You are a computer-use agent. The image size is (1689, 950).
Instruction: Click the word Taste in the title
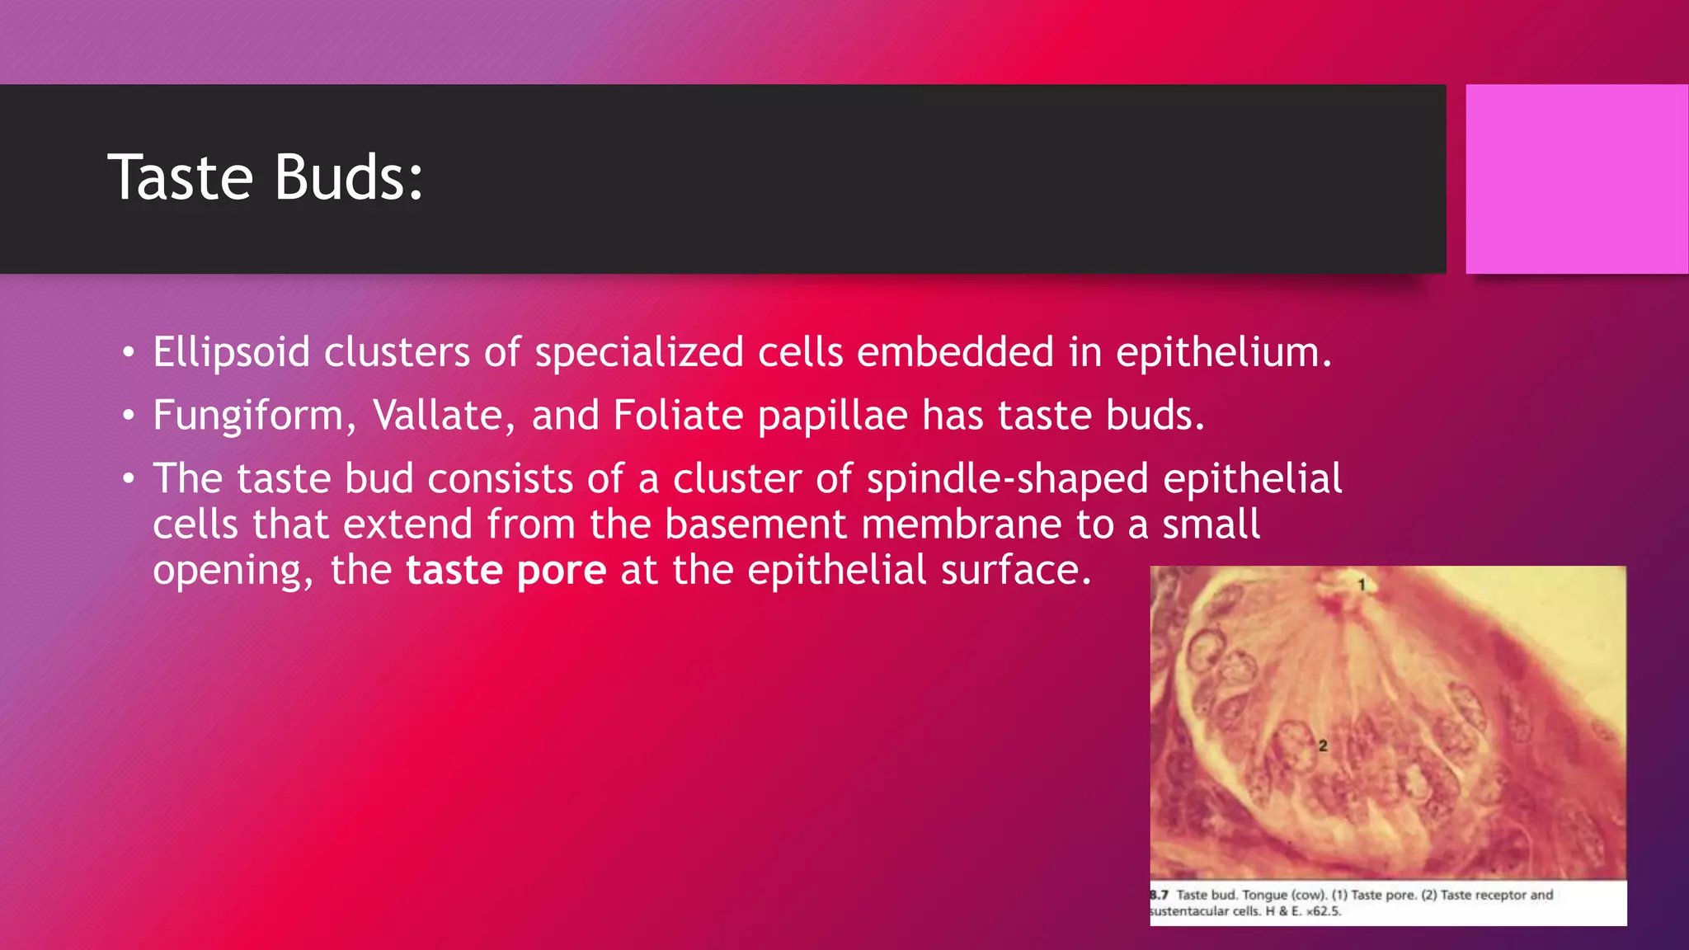click(180, 177)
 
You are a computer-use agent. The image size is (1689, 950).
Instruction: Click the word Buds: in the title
click(348, 177)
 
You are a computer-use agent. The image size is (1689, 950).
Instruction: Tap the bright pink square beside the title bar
click(1576, 179)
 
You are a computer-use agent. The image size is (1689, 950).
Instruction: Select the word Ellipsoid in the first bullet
click(231, 353)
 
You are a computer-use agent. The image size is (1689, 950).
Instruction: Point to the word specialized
click(639, 353)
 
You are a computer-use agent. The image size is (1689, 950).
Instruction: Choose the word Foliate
click(678, 416)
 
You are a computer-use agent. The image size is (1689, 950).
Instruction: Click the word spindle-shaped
click(1007, 480)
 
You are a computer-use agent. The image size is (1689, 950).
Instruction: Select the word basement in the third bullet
click(755, 524)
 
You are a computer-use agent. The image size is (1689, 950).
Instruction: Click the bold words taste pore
click(506, 571)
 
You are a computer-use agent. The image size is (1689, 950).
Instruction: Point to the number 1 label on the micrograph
click(1362, 585)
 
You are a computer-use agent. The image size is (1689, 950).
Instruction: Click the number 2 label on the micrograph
click(1323, 745)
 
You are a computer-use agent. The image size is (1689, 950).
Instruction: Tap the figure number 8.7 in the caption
click(1159, 895)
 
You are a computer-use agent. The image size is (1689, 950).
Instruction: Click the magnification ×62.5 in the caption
click(1323, 911)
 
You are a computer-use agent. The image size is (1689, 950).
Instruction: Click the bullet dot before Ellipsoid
click(127, 353)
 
